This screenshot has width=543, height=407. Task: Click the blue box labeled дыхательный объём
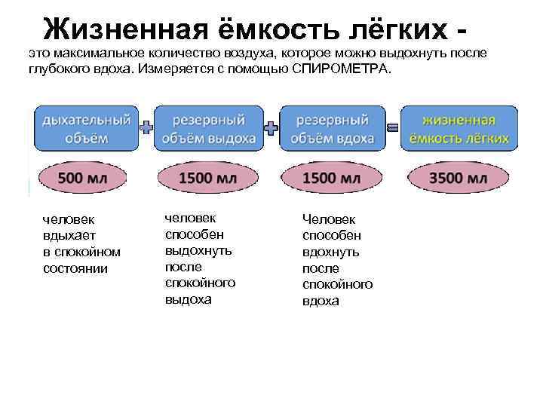(x=86, y=128)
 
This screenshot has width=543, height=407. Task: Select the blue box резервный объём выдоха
(x=209, y=128)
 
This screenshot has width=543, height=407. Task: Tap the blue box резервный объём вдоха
(x=332, y=128)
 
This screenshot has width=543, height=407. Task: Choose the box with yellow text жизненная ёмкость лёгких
(x=459, y=128)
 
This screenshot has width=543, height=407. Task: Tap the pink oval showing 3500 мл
(x=459, y=178)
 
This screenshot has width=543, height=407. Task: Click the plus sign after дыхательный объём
(x=147, y=128)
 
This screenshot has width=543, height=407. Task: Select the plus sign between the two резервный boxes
(x=270, y=128)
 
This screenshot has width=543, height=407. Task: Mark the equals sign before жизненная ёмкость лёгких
(x=392, y=128)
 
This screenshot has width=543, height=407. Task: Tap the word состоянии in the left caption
(x=75, y=268)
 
